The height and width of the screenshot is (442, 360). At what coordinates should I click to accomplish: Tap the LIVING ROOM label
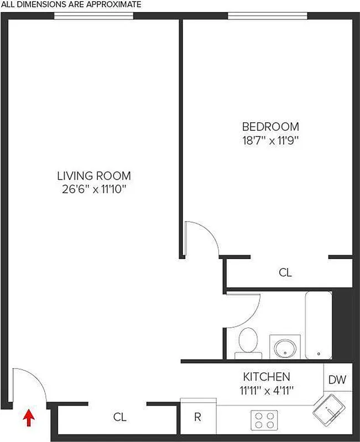click(x=94, y=176)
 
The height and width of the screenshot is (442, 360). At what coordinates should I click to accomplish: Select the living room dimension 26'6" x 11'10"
click(x=94, y=190)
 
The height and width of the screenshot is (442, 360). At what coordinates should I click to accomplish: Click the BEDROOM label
click(x=270, y=127)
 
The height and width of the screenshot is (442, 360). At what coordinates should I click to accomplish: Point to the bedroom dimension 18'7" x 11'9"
click(x=270, y=140)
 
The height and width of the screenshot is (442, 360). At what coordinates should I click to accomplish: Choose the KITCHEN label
click(x=267, y=377)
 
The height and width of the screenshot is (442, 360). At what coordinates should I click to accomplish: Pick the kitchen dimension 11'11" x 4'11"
click(x=267, y=390)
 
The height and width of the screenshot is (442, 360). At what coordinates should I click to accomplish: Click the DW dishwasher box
click(x=337, y=380)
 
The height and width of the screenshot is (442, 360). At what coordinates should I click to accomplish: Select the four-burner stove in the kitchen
click(x=264, y=419)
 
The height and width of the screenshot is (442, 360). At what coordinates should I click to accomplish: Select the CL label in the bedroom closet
click(x=285, y=272)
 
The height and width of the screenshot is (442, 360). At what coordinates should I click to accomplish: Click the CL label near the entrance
click(x=120, y=417)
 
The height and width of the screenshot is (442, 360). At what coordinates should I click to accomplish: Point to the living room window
click(x=94, y=16)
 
